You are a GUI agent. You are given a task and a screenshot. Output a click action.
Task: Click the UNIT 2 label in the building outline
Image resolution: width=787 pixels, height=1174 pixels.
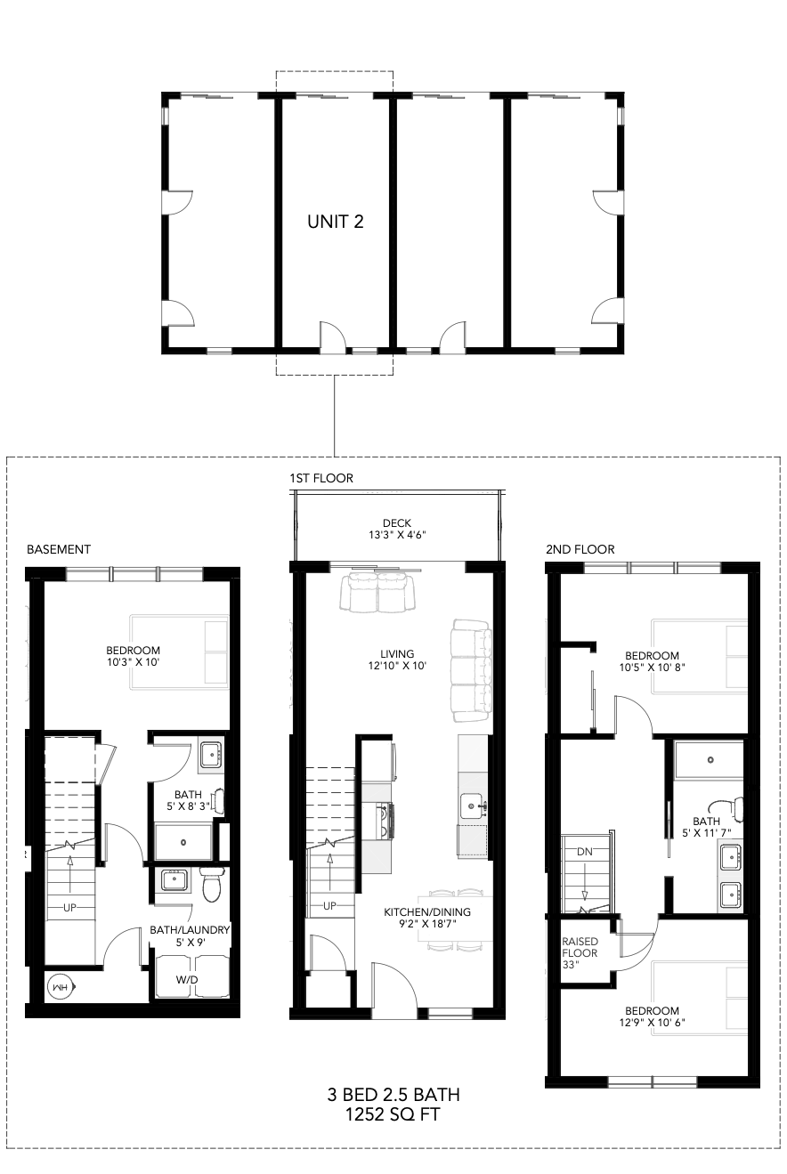[336, 222]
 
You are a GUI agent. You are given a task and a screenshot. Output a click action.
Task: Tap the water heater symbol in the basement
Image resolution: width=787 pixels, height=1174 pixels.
[60, 987]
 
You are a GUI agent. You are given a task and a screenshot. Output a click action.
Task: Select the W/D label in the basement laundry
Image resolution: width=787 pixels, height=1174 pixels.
[187, 980]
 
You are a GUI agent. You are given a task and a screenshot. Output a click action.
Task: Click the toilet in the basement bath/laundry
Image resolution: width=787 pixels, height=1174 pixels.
[212, 884]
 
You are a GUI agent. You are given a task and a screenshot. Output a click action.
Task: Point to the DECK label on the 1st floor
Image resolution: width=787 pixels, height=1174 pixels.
[397, 523]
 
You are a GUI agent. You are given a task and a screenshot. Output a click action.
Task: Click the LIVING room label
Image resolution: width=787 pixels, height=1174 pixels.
[397, 654]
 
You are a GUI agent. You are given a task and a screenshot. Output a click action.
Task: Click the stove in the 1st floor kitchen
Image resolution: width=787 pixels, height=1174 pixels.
[385, 822]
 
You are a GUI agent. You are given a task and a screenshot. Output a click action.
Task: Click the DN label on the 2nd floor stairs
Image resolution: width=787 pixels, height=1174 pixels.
[585, 852]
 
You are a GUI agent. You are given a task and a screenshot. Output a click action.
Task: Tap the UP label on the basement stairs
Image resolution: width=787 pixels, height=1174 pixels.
[69, 908]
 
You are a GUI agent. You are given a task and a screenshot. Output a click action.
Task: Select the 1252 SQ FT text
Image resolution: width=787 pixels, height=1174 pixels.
[393, 1114]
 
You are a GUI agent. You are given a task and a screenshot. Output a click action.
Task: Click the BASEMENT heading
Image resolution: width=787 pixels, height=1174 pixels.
[59, 549]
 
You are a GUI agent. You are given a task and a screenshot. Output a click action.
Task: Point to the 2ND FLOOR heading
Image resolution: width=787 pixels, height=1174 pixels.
[580, 549]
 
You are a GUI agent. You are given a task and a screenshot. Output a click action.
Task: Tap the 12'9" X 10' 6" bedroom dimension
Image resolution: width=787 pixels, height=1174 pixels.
[652, 1023]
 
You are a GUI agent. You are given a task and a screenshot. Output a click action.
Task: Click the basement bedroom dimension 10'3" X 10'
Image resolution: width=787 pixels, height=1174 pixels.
[133, 662]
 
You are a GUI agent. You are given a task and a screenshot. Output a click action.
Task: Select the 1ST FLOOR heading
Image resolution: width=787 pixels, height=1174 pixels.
[321, 478]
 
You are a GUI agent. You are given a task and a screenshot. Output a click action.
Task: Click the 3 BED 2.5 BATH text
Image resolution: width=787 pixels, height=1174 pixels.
[393, 1095]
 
